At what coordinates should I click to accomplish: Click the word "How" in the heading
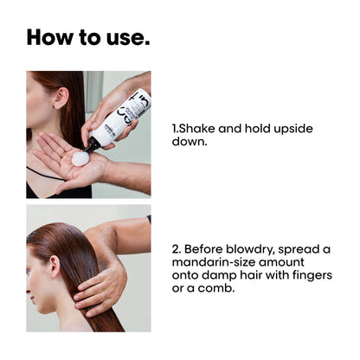click(49, 37)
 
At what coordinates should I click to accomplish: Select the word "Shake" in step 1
click(196, 128)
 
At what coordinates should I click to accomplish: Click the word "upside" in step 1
click(293, 129)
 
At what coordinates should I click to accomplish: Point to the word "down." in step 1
click(190, 141)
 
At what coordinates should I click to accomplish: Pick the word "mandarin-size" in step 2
click(214, 262)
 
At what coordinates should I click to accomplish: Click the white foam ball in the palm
click(80, 158)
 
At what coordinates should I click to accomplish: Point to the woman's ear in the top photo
click(61, 98)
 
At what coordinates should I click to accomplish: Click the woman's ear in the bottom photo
click(55, 267)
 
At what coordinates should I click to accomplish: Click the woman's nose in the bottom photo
click(29, 290)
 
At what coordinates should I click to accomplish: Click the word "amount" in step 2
click(281, 262)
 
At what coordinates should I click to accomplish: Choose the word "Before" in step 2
click(203, 249)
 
